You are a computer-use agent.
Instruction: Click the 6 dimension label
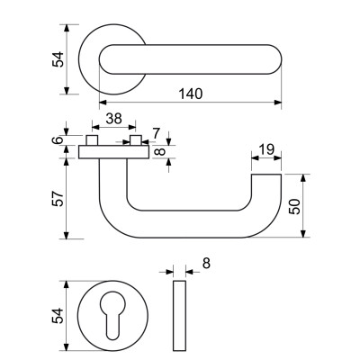(58, 141)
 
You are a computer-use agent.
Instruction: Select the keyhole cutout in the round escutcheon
(112, 316)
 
